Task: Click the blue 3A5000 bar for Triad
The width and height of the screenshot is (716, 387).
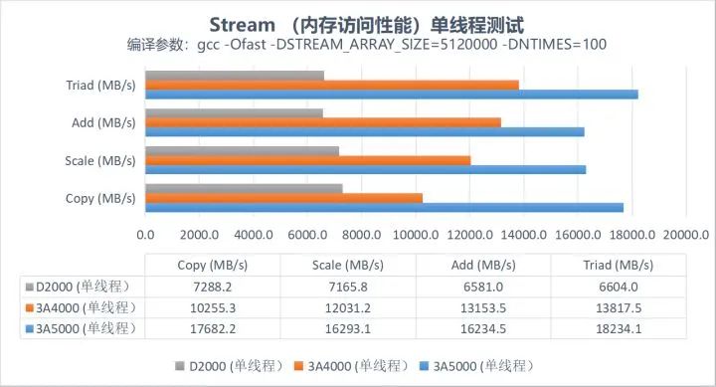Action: [x=392, y=95]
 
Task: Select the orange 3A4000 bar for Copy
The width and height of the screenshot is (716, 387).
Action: [x=284, y=198]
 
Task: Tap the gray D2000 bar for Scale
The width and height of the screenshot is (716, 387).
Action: [x=243, y=151]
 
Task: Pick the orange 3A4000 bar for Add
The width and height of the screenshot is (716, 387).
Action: [x=323, y=122]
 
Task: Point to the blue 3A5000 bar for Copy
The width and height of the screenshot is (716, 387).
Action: [x=385, y=208]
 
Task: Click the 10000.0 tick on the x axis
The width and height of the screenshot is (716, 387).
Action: [x=416, y=235]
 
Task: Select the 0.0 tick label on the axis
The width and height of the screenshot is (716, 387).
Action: [x=145, y=235]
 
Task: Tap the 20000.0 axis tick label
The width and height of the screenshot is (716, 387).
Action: [x=686, y=235]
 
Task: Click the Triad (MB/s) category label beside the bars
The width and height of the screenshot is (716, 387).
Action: [x=100, y=86]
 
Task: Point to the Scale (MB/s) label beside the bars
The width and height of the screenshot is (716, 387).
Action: [x=100, y=161]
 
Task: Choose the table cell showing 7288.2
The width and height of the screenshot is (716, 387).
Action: [x=213, y=287]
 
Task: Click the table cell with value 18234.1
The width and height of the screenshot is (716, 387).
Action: [x=619, y=329]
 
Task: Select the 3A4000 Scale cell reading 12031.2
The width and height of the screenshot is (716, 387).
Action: [x=348, y=308]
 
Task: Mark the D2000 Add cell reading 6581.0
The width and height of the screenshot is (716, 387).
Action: [x=483, y=287]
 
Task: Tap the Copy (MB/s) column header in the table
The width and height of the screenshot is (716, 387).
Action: [x=213, y=265]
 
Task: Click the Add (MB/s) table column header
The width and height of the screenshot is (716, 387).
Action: [x=483, y=265]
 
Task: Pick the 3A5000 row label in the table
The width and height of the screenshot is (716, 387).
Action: [x=82, y=328]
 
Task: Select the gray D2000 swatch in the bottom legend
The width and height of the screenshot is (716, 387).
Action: [x=180, y=366]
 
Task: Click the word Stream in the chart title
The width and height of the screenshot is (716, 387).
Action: [x=242, y=25]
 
